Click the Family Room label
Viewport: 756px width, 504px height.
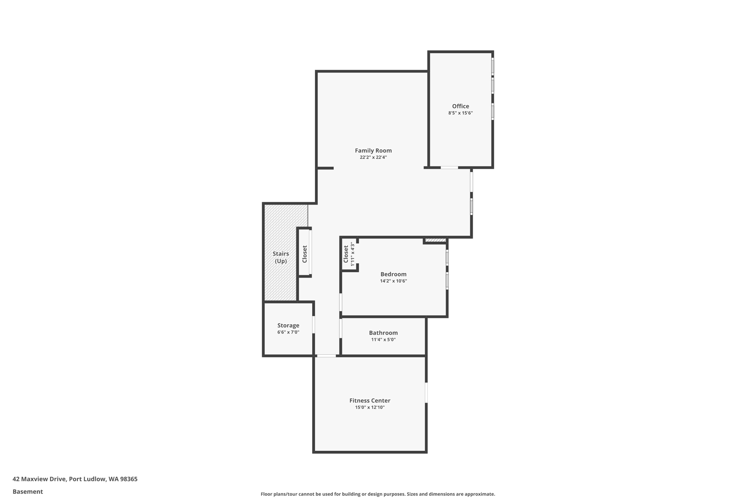click(x=373, y=150)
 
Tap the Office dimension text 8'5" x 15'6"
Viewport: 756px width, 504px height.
click(x=460, y=113)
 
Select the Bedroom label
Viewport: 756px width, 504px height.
click(x=393, y=274)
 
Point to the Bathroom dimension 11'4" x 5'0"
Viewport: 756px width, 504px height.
click(x=383, y=340)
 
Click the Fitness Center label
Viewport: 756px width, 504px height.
click(x=370, y=400)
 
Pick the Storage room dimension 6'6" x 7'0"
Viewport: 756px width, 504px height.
click(x=288, y=332)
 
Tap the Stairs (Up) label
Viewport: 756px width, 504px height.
click(x=281, y=257)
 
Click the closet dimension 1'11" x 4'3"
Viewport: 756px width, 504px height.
click(x=353, y=254)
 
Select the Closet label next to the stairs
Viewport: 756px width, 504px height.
click(x=305, y=254)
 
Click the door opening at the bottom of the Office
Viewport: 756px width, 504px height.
click(x=449, y=168)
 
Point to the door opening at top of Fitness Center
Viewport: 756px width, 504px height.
click(x=326, y=356)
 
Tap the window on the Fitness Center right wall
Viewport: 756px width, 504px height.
click(x=426, y=392)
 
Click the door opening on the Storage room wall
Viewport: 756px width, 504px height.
click(x=313, y=325)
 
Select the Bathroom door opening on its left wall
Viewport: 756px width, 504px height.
click(x=340, y=328)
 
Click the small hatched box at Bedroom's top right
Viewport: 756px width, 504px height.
click(x=435, y=240)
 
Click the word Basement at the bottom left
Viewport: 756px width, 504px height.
click(x=28, y=491)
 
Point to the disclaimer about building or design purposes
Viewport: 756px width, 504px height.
click(x=378, y=494)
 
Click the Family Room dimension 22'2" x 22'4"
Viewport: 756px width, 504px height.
click(x=373, y=157)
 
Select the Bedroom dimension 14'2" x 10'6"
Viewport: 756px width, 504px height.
click(x=393, y=281)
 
